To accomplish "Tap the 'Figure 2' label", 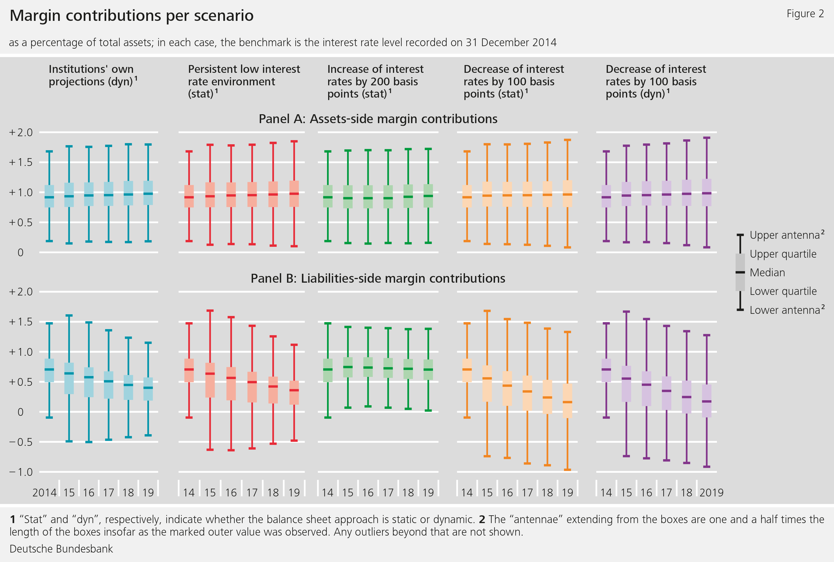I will [805, 14].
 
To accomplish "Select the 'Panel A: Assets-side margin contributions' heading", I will [378, 119].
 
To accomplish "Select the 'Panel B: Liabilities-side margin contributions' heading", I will [378, 278].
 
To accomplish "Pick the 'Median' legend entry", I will [767, 272].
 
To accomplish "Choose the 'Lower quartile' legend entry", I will [783, 291].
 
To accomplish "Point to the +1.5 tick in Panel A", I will [21, 162].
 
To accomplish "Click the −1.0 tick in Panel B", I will [21, 472].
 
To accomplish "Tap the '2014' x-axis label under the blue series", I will [44, 493].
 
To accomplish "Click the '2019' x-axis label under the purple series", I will [711, 493].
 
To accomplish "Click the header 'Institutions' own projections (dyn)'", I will [93, 75].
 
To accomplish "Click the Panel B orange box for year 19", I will [567, 400].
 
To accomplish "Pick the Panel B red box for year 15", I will [210, 380].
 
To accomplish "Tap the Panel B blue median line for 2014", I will [49, 369].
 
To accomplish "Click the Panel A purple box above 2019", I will [706, 192].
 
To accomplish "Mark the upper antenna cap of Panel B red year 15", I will [210, 310].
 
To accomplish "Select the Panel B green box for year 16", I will [368, 367].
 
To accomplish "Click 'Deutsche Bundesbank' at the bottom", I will [61, 549].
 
